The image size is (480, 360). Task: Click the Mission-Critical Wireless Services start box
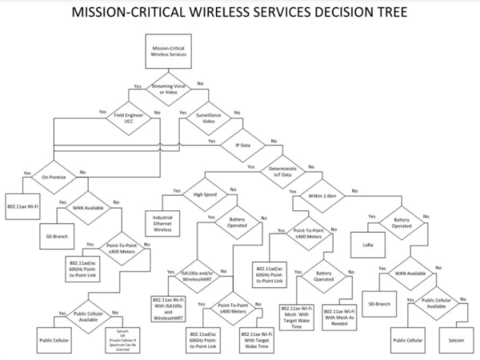click(169, 51)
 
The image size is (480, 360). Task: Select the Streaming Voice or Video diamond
click(169, 90)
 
